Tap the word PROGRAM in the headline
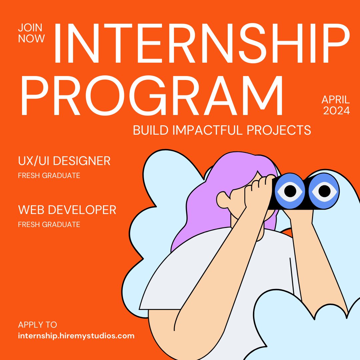click(x=152, y=95)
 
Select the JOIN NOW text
click(x=31, y=33)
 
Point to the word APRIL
click(x=336, y=99)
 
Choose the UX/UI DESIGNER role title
click(x=64, y=161)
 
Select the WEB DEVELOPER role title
click(x=67, y=210)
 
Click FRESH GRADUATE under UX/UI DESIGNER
click(x=49, y=175)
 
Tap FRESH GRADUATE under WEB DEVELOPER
click(x=49, y=224)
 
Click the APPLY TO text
click(x=37, y=325)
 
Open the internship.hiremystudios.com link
click(x=76, y=336)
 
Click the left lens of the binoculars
click(x=290, y=191)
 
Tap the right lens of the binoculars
click(x=324, y=191)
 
